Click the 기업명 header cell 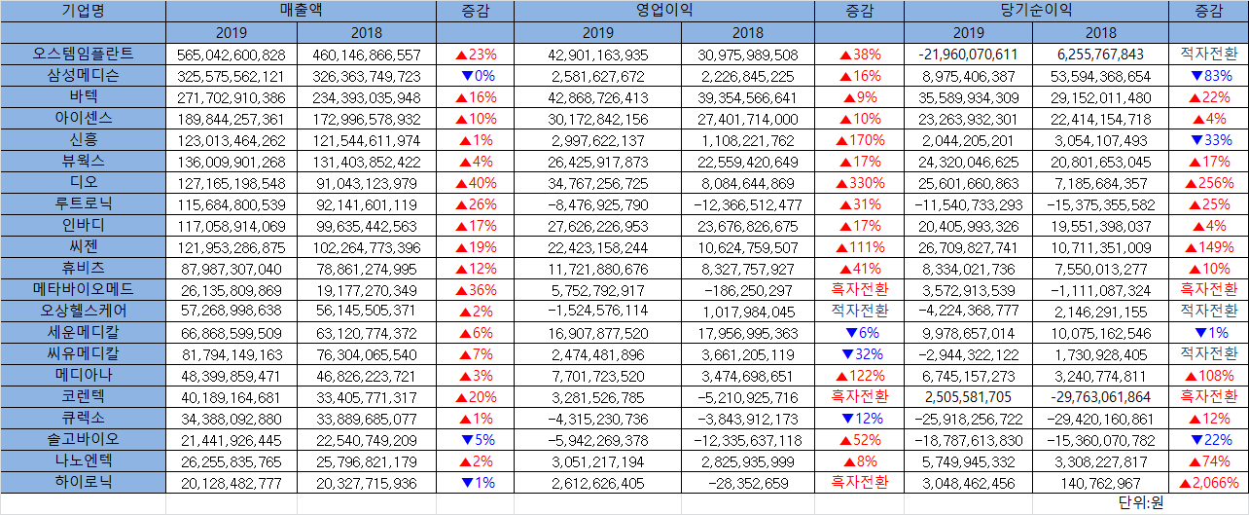(x=83, y=11)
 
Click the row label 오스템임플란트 (x=83, y=54)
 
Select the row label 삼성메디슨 (x=83, y=75)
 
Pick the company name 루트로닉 (x=83, y=203)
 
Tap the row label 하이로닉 (x=83, y=482)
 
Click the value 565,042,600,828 (x=232, y=55)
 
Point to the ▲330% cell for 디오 (x=860, y=183)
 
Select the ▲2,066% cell (x=1208, y=483)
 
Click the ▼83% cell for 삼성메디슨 (x=1209, y=76)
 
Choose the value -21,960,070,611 (x=967, y=55)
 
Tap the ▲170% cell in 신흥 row (x=860, y=140)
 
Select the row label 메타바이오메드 (x=83, y=289)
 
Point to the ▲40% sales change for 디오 (x=475, y=183)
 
